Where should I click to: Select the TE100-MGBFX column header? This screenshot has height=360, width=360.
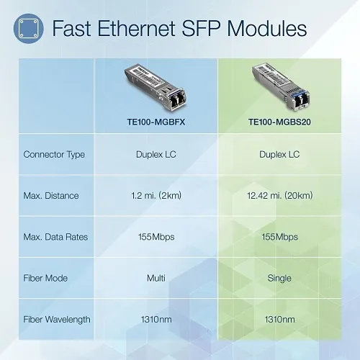pos(156,122)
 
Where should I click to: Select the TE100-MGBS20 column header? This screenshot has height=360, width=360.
pos(279,122)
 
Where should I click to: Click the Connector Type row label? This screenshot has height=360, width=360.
pos(54,154)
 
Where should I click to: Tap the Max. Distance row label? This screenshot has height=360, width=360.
pos(51,195)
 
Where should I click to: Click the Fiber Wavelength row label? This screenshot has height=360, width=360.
pos(58,319)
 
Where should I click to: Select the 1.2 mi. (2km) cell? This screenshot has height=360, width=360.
pos(156,195)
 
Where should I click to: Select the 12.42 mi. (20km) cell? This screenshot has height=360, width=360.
pos(279,195)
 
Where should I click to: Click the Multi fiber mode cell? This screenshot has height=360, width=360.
pos(156,278)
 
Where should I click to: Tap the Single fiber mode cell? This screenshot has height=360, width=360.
pos(279,278)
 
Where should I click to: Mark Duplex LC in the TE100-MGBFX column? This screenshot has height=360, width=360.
pos(156,154)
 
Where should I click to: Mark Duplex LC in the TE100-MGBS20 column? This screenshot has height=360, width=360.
pos(279,154)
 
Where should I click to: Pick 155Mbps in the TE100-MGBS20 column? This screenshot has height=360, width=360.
pos(279,237)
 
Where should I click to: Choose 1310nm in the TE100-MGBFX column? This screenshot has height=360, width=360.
pos(156,319)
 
